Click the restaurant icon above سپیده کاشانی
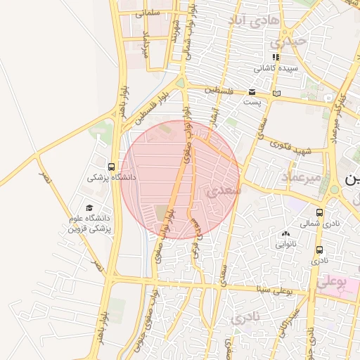pyautogui.click(x=276, y=57)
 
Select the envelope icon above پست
pyautogui.click(x=252, y=92)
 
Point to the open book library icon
pyautogui.click(x=276, y=93)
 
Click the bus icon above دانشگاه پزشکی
pyautogui.click(x=111, y=167)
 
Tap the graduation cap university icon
pyautogui.click(x=89, y=207)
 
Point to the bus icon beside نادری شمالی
pyautogui.click(x=320, y=212)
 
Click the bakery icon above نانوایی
pyautogui.click(x=285, y=234)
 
